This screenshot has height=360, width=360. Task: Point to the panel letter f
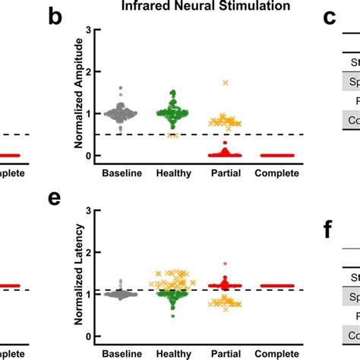(x=328, y=228)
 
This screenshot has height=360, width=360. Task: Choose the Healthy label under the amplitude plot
(x=173, y=174)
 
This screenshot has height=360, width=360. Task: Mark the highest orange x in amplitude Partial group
(x=225, y=82)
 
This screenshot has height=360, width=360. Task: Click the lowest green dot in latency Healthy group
(x=173, y=315)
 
